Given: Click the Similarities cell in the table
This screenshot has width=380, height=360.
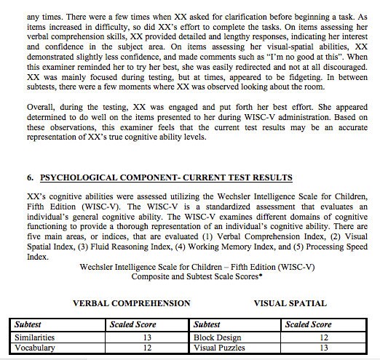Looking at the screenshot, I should pos(33,337).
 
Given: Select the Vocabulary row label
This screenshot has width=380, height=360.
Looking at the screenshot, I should pos(33,348).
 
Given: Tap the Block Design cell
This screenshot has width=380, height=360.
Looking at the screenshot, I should pos(217,337).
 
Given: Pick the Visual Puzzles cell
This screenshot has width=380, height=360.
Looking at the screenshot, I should pos(221,348).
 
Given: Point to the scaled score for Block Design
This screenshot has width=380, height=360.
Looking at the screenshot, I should pos(325,337).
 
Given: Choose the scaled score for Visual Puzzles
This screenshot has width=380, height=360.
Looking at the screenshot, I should pos(325,348).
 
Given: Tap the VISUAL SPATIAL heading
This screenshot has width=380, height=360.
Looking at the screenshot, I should pos(290,303).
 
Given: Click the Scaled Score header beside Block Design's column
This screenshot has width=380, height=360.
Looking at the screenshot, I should pos(309,324).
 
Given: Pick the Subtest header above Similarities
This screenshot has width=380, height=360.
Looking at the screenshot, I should pos(31,324).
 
